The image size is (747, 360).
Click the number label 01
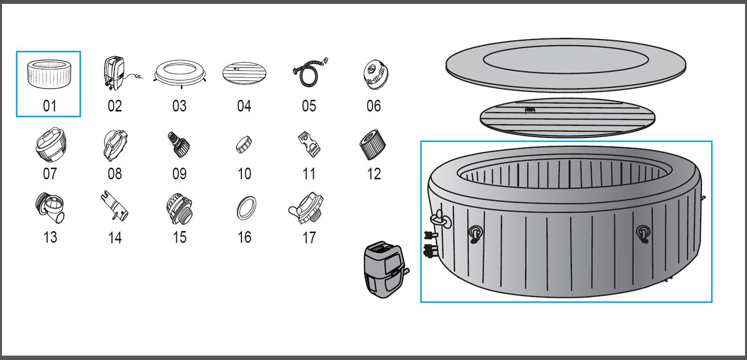(49, 106)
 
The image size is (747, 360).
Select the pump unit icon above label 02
(114, 73)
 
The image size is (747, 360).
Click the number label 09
(179, 174)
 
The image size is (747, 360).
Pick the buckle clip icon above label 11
(309, 145)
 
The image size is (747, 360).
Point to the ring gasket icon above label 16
(246, 208)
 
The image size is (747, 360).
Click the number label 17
(309, 238)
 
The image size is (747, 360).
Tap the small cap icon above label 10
(244, 145)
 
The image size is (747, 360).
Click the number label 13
(50, 237)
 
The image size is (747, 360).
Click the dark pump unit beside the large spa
(385, 269)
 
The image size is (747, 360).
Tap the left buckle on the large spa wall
(475, 233)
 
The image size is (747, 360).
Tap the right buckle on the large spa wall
(643, 233)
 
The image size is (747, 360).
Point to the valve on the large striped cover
(530, 111)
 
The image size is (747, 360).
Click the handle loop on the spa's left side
(441, 219)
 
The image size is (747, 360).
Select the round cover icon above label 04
(244, 74)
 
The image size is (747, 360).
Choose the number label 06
(373, 106)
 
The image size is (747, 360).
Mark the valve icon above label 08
(115, 145)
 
